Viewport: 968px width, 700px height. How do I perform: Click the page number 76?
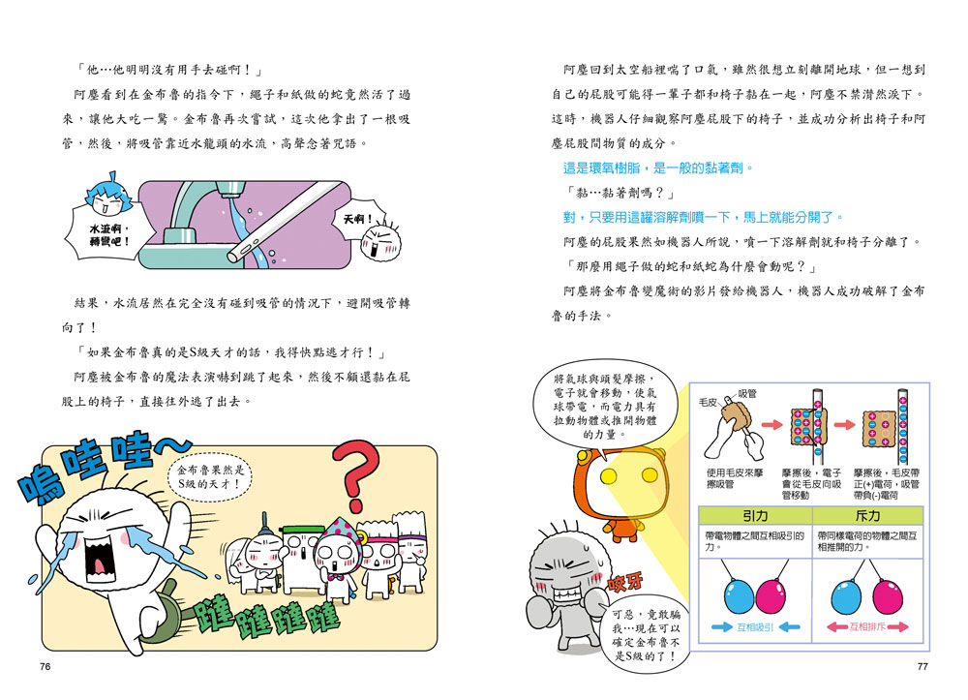tap(45, 667)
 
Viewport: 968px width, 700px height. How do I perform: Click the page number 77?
tap(923, 667)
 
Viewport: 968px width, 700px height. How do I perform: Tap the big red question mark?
tap(357, 474)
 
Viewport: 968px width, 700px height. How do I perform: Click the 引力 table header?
tap(755, 515)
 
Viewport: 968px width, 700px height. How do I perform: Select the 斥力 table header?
tap(867, 515)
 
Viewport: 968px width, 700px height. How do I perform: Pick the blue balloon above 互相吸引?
tap(739, 595)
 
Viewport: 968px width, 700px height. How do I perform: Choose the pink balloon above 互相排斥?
tap(888, 595)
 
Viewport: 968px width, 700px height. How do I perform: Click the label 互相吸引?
tap(755, 627)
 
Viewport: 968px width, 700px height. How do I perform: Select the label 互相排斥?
tap(867, 627)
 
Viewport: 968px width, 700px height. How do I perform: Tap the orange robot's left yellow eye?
tap(609, 476)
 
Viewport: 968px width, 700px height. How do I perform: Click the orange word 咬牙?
tap(626, 582)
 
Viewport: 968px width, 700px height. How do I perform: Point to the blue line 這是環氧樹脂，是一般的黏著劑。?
tap(658, 167)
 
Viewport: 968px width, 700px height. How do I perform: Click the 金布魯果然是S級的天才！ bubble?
tap(210, 477)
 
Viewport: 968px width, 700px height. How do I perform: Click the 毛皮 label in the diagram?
tap(709, 402)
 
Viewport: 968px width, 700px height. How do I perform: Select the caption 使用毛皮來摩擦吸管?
tap(735, 478)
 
